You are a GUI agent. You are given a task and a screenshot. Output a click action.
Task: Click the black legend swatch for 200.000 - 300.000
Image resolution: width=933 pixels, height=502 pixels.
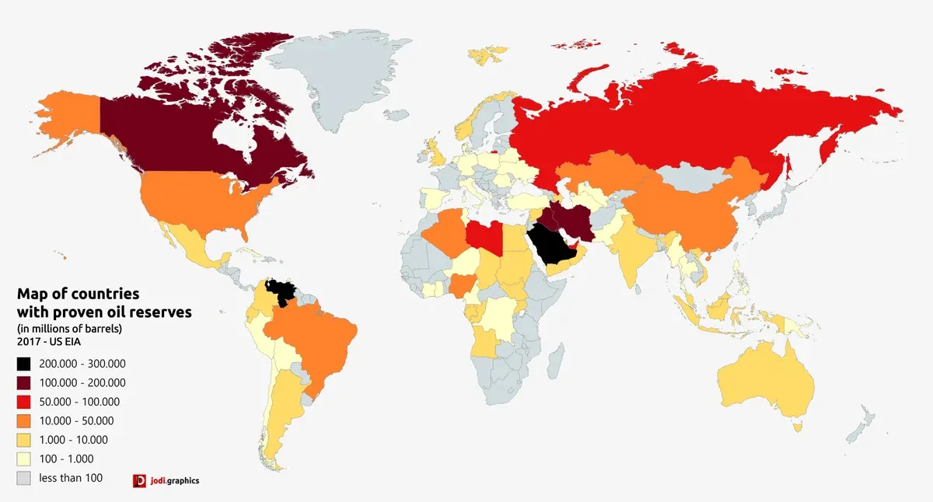tap(24, 364)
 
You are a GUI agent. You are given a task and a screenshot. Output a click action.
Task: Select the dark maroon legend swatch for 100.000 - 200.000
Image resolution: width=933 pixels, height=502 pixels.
tap(24, 383)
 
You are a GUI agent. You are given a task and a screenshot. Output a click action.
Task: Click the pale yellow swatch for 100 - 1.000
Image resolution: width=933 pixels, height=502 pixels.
tap(24, 459)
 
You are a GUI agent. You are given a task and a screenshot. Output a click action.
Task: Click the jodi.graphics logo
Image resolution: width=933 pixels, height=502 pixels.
tap(166, 480)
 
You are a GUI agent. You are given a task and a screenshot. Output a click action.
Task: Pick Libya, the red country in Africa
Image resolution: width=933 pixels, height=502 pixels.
tap(483, 235)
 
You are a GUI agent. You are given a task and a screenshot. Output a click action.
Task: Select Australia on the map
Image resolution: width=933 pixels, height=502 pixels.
tap(766, 385)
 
